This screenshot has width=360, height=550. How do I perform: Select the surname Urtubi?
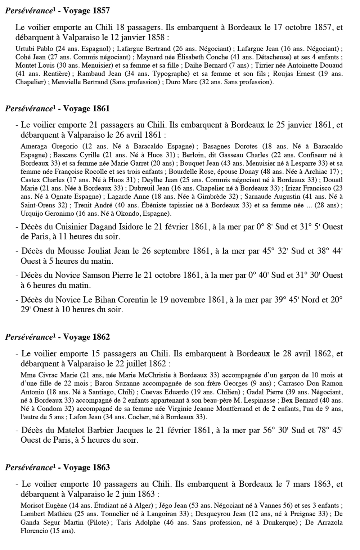coord(25,49)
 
